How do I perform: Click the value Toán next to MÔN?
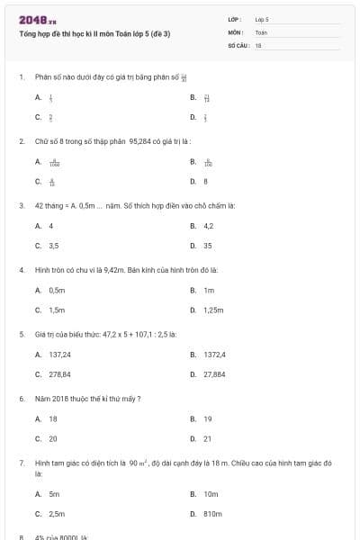coord(262,31)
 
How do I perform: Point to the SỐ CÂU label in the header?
coord(238,44)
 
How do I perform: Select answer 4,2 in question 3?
coord(208,226)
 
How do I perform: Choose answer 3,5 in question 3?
coord(54,245)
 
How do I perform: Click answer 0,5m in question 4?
coord(57,291)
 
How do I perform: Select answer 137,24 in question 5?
coord(60,355)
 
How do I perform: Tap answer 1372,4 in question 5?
coord(214,355)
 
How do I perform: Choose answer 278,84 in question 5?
coord(60,373)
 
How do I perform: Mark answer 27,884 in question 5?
coord(214,373)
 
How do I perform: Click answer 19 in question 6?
coord(207,419)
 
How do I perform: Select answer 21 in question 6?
coord(207,438)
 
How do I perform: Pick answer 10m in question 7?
coord(211,494)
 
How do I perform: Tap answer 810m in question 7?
coord(212,513)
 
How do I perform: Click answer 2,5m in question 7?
coord(56,513)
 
